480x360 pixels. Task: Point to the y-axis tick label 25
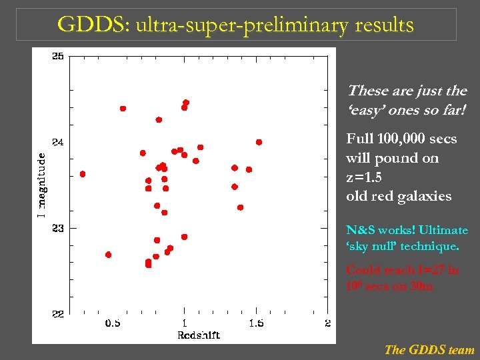59,57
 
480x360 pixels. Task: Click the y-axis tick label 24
59,142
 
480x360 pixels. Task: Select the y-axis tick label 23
59,228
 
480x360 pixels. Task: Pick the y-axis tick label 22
59,314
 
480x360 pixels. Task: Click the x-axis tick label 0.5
113,323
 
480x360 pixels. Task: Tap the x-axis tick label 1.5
256,323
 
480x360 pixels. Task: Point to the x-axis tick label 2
327,323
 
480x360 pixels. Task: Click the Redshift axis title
199,335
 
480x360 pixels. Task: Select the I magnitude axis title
42,185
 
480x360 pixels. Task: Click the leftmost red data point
83,174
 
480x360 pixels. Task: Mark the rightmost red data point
259,142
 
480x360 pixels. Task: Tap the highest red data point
186,103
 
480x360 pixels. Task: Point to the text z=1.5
365,177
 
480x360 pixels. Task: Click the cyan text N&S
361,230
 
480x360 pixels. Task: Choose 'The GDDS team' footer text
429,349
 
